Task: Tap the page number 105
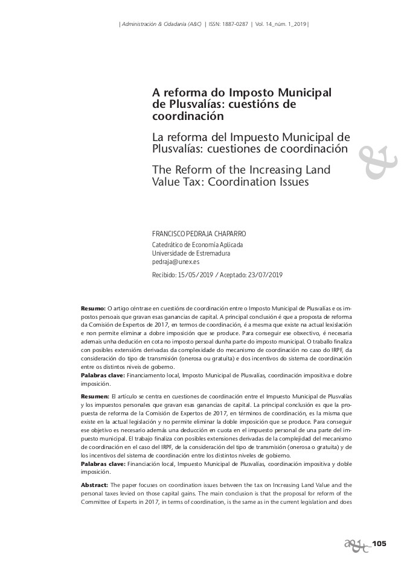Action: click(x=379, y=544)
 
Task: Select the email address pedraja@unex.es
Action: click(x=176, y=262)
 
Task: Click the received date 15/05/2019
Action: click(x=193, y=275)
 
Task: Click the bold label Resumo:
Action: click(x=93, y=309)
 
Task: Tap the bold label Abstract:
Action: click(x=95, y=485)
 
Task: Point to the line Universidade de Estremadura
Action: click(x=182, y=254)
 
